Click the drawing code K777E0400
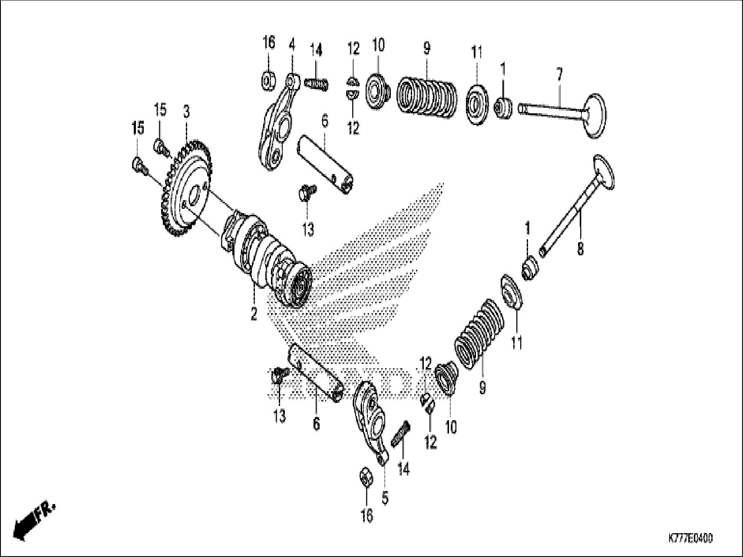(690, 539)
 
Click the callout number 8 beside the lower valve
(580, 249)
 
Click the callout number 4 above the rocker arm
(292, 45)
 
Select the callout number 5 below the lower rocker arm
(385, 498)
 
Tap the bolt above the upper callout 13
(307, 191)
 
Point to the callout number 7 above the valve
(559, 75)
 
